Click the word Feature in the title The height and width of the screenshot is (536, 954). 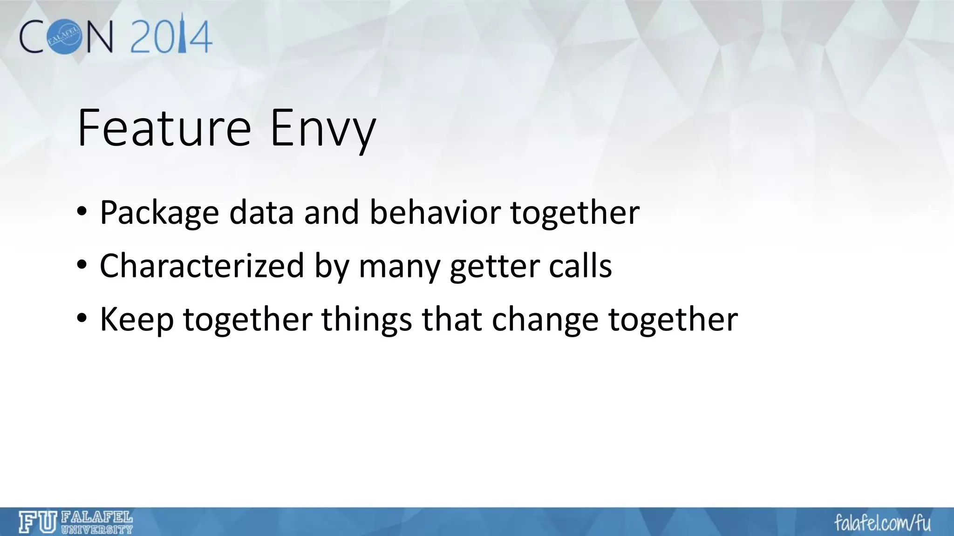point(164,128)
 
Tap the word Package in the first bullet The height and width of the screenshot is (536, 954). point(159,213)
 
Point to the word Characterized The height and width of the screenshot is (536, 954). point(202,266)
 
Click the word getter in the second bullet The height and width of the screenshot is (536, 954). point(494,267)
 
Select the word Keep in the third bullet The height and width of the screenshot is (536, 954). point(136,320)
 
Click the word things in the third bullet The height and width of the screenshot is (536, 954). point(367,320)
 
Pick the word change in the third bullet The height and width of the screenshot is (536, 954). point(545,320)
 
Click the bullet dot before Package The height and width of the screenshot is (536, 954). point(82,213)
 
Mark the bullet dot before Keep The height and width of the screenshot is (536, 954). point(82,320)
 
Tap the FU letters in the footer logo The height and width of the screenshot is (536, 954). point(38,522)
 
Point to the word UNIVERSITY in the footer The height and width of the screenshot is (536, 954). point(97,529)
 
